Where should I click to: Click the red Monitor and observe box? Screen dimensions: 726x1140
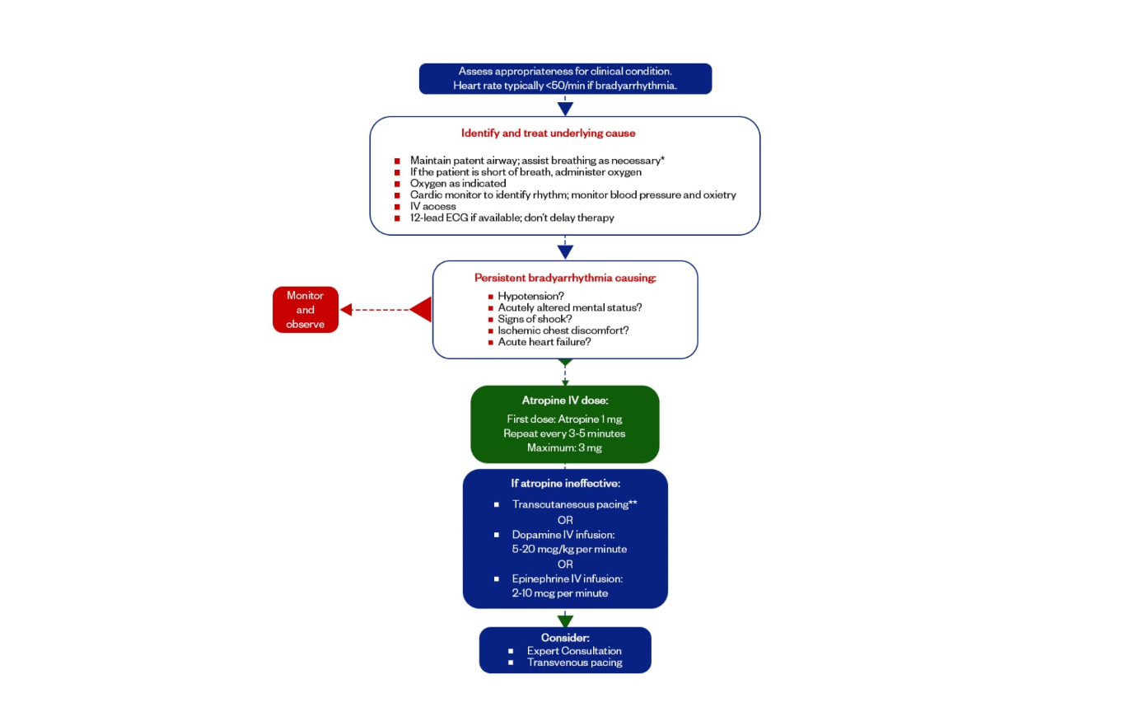pos(305,310)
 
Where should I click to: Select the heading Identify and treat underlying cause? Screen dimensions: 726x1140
pos(548,133)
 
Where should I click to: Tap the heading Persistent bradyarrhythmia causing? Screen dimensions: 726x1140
pos(565,278)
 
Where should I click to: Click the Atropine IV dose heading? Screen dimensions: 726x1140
pos(565,400)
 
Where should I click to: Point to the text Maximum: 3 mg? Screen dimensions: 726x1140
pos(564,447)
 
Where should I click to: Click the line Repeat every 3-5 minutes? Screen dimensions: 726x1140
pos(564,433)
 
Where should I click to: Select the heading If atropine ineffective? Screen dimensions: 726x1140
pos(565,484)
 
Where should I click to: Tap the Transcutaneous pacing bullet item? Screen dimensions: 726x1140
pos(574,504)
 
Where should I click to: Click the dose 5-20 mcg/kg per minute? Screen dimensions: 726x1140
pos(569,549)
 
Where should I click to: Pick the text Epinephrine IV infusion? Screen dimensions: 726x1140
pos(567,578)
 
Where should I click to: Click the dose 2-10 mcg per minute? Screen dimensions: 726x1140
pos(559,593)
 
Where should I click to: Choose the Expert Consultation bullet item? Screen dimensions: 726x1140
pos(574,651)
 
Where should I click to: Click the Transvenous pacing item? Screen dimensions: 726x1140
pos(574,663)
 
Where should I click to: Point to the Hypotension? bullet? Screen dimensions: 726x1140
pos(530,296)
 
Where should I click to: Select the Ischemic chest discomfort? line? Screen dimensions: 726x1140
pos(563,330)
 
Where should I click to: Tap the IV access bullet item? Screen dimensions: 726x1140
pos(432,206)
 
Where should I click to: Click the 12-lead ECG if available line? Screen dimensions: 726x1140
pos(512,218)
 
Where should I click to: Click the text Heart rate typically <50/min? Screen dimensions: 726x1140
pos(564,86)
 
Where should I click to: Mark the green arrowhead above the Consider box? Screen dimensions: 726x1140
pos(565,621)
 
